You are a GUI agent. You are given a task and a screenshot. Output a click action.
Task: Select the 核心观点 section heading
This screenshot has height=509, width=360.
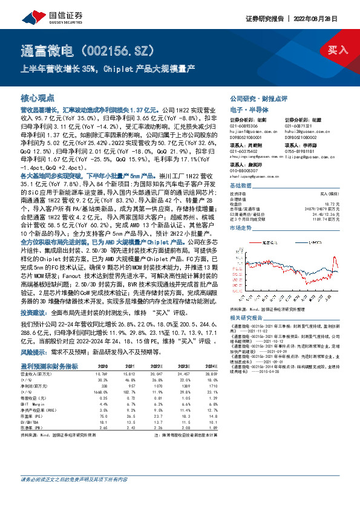coord(38,97)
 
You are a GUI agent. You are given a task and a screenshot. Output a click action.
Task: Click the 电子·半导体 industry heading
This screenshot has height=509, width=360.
coord(247,109)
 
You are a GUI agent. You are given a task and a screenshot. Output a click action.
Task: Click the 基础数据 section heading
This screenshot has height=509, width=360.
coord(240,168)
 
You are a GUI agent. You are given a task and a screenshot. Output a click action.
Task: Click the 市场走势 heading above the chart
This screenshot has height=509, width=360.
coord(240,211)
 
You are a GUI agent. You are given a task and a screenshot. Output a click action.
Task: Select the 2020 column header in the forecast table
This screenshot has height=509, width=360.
coord(103,366)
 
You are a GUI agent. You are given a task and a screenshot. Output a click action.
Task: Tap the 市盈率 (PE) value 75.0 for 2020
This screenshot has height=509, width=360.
coord(103,416)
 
